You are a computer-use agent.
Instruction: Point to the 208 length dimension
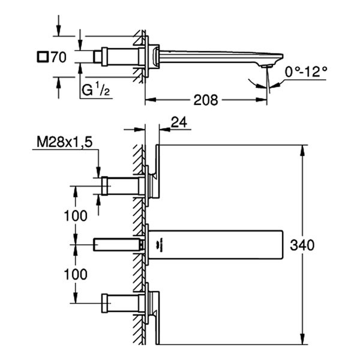(205, 99)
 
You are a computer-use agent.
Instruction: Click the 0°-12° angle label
(306, 71)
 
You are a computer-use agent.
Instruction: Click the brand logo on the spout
(163, 244)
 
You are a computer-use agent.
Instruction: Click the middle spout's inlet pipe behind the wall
(116, 244)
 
